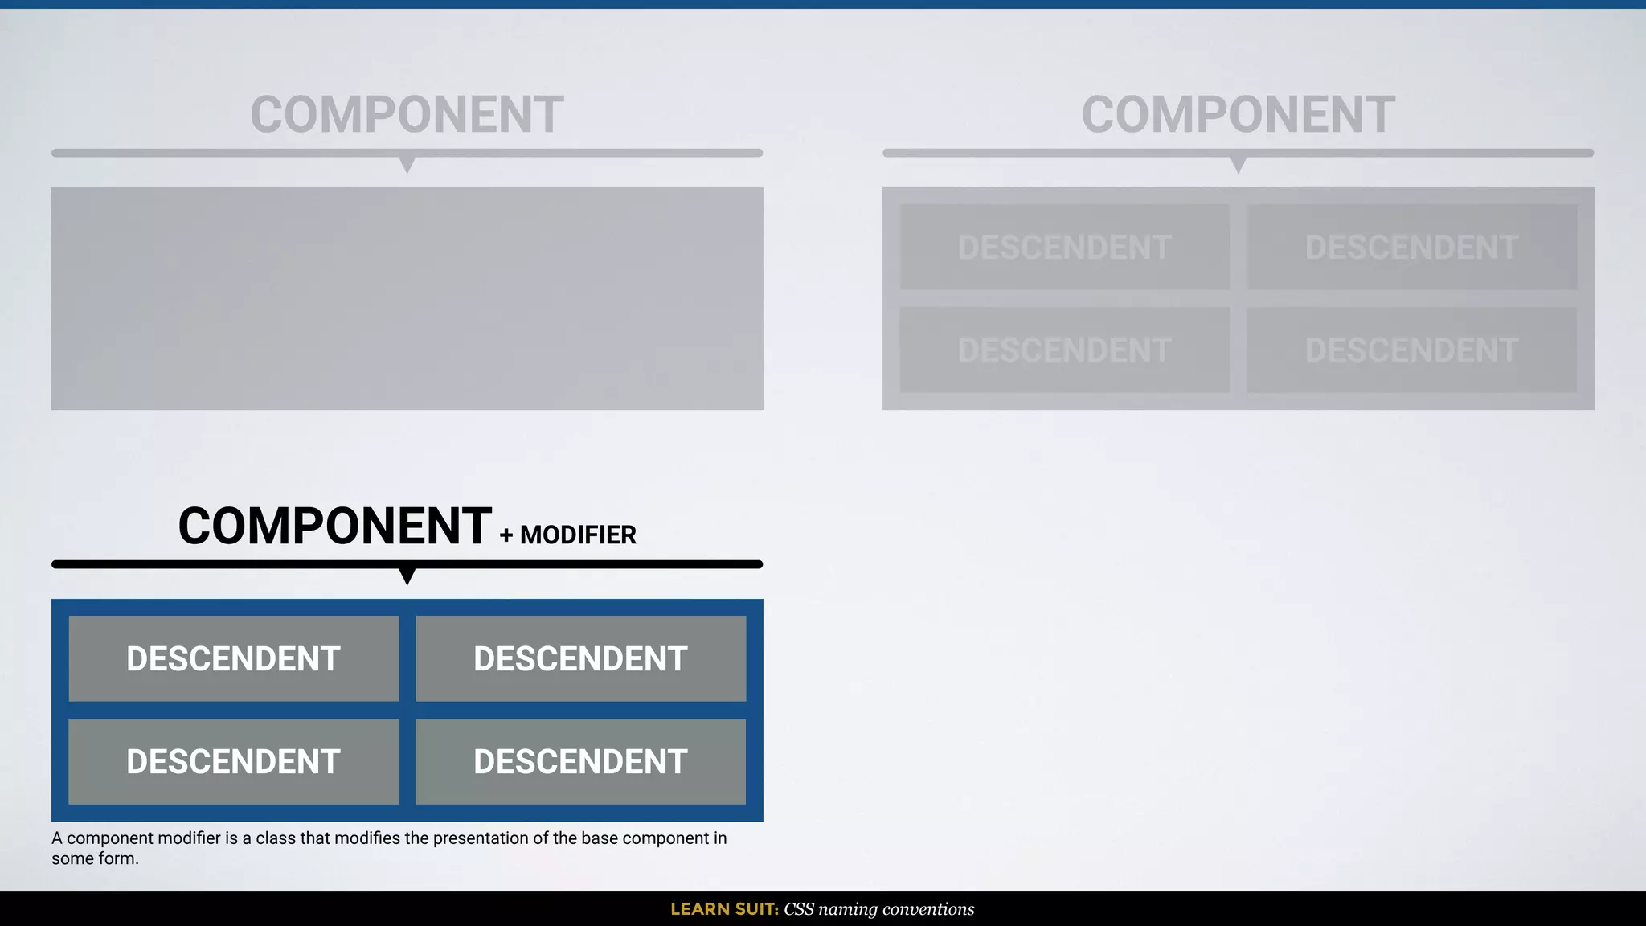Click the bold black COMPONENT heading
[x=334, y=527]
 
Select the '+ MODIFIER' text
[x=568, y=535]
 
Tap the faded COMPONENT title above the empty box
[x=407, y=114]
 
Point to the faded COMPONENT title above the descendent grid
[x=1238, y=114]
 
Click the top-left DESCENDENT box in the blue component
[x=234, y=658]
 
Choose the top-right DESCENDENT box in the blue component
[x=580, y=658]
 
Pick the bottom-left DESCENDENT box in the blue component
[x=234, y=761]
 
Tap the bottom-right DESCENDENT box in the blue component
[x=580, y=761]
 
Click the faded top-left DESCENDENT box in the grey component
[x=1065, y=247]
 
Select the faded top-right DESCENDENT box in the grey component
[x=1411, y=247]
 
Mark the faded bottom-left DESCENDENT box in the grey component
[x=1065, y=350]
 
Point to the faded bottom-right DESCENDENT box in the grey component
[x=1411, y=350]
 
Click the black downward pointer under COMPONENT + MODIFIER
[x=407, y=576]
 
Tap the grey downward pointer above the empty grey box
[x=407, y=164]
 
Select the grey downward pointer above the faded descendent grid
[x=1239, y=164]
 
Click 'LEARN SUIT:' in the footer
[x=724, y=909]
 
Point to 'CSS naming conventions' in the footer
[x=878, y=909]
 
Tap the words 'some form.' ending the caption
[x=95, y=858]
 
